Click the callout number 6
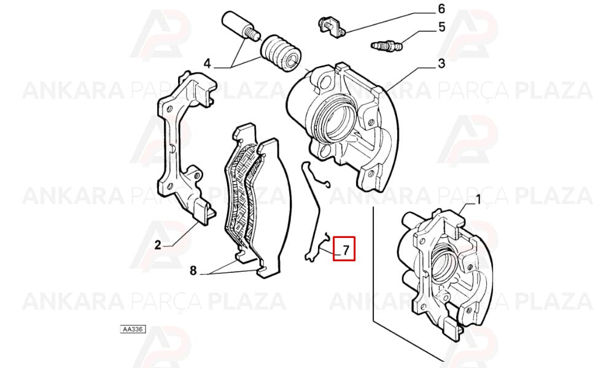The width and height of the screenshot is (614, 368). pyautogui.click(x=441, y=9)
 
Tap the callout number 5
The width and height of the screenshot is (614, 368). pyautogui.click(x=441, y=27)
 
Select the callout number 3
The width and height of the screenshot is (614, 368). pyautogui.click(x=441, y=63)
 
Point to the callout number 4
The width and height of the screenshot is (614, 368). pyautogui.click(x=207, y=63)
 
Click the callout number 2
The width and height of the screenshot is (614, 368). pyautogui.click(x=157, y=245)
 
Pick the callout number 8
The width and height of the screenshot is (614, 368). pyautogui.click(x=193, y=270)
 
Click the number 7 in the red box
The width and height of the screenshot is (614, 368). pyautogui.click(x=346, y=250)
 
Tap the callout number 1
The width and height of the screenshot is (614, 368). pyautogui.click(x=478, y=200)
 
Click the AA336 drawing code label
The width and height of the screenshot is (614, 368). pyautogui.click(x=133, y=329)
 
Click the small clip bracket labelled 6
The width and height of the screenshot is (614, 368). pyautogui.click(x=331, y=26)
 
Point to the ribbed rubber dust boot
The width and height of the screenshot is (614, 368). pyautogui.click(x=281, y=53)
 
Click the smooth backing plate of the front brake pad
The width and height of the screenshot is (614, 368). pyautogui.click(x=270, y=207)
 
